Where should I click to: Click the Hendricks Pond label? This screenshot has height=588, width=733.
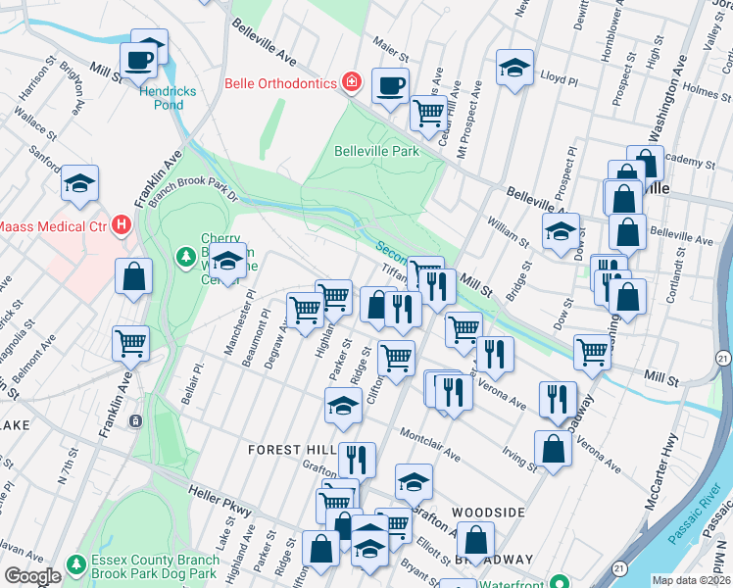point(167,98)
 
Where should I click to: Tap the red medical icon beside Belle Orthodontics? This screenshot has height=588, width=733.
point(351,81)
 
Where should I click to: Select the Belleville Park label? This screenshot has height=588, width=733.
point(376,151)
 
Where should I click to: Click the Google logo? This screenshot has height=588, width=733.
point(31,576)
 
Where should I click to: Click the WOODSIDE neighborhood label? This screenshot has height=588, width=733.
point(488,513)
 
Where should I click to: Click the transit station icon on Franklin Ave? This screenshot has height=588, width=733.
point(135,420)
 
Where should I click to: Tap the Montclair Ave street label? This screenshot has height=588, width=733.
point(429,442)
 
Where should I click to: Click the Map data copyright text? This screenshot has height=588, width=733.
point(690,580)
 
